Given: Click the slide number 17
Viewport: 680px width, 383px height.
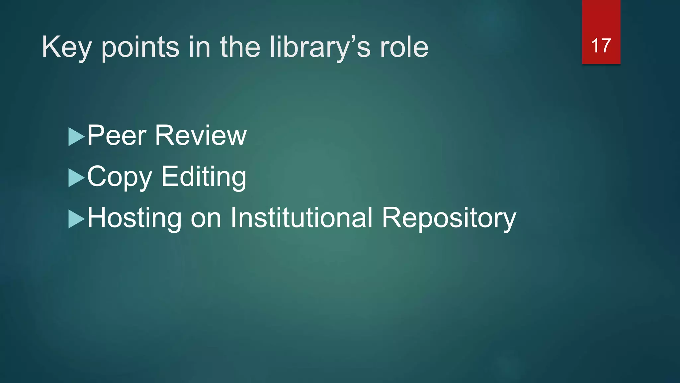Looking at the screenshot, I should point(601,46).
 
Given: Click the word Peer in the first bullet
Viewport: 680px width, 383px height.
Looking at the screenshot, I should point(117,136).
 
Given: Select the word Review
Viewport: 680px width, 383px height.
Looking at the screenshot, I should point(201,136).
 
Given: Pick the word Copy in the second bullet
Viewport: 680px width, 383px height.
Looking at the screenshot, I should point(120,177).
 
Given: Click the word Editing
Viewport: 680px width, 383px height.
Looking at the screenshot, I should point(204,177).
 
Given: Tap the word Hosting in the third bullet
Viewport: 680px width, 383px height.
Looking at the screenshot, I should point(134,218).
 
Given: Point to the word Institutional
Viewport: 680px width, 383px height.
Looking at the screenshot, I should point(301,218).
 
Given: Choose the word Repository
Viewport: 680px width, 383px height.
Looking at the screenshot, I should point(449,218).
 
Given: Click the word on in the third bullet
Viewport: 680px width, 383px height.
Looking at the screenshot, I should point(206,219).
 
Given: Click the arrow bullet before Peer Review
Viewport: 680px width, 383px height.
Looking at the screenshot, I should point(76,137).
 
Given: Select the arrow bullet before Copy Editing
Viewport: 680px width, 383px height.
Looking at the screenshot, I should point(76,178).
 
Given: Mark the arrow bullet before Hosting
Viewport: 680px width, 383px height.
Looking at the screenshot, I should point(76,219).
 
